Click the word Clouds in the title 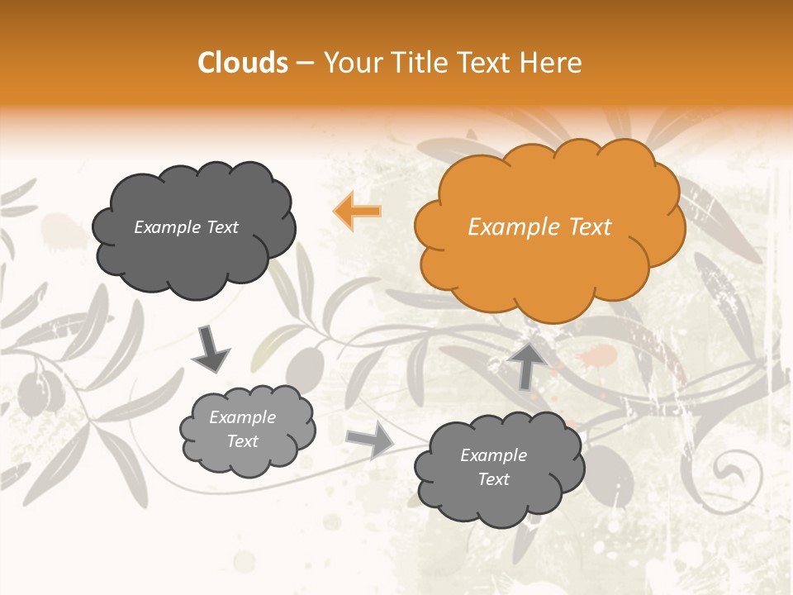(x=243, y=63)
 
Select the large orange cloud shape (x=548, y=226)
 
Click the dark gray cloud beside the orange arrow (x=193, y=228)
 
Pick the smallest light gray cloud (x=247, y=430)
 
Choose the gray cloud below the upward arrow (x=498, y=467)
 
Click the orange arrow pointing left (x=358, y=211)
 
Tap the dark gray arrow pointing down (x=211, y=350)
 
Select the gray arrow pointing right (x=370, y=440)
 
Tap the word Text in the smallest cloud (x=242, y=441)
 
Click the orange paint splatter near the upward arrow (x=598, y=357)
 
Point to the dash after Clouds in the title (x=304, y=63)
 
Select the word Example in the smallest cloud (x=242, y=417)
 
